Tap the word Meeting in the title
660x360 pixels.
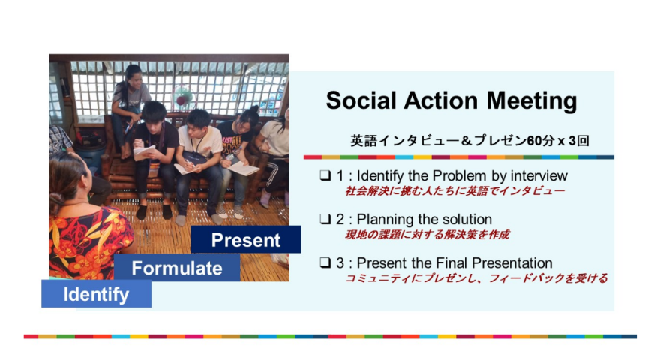point(532,101)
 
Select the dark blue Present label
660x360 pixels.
point(246,239)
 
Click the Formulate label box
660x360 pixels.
point(177,268)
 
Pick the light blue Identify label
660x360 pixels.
point(97,294)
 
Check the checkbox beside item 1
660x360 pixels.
point(325,175)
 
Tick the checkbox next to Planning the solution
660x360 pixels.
point(325,219)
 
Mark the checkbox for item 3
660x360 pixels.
point(325,262)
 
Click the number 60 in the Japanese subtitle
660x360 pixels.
point(535,141)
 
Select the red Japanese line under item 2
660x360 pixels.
point(427,235)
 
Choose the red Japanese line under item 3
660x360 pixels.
point(476,278)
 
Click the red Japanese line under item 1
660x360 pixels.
point(454,191)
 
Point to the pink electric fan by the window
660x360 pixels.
point(183,98)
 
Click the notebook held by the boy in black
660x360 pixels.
point(143,153)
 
